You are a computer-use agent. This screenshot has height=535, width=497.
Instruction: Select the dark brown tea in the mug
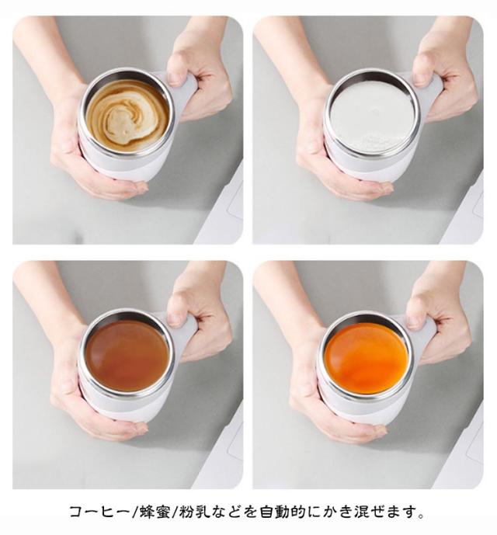point(127,356)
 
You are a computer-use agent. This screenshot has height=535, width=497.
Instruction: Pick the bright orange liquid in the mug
point(367,358)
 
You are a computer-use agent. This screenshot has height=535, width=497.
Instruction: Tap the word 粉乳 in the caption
point(193,512)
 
